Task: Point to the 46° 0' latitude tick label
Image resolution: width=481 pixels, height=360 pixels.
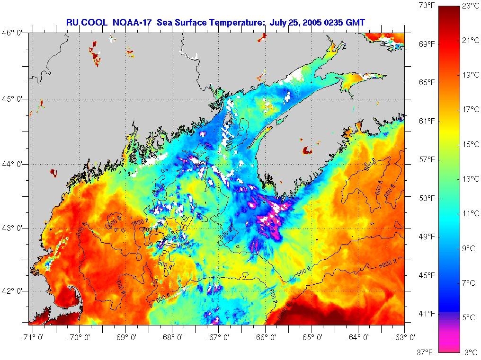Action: pyautogui.click(x=14, y=34)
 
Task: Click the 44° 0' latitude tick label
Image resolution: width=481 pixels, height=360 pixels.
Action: pyautogui.click(x=14, y=164)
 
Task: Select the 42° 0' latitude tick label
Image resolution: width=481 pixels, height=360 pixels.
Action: pyautogui.click(x=14, y=291)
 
